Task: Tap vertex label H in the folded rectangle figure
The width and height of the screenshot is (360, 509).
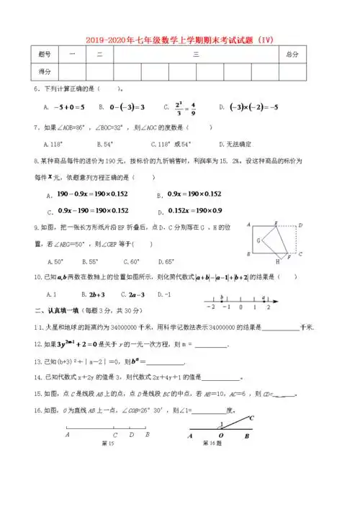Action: pos(277,263)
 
